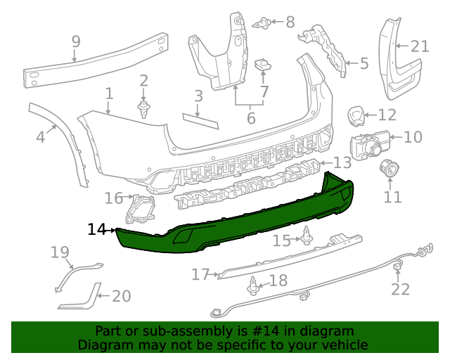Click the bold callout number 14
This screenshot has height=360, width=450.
tap(97, 229)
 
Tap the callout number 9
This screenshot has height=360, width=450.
tap(76, 43)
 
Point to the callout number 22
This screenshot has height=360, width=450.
tap(400, 289)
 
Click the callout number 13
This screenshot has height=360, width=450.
tap(342, 163)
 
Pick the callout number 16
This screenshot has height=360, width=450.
tap(113, 198)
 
